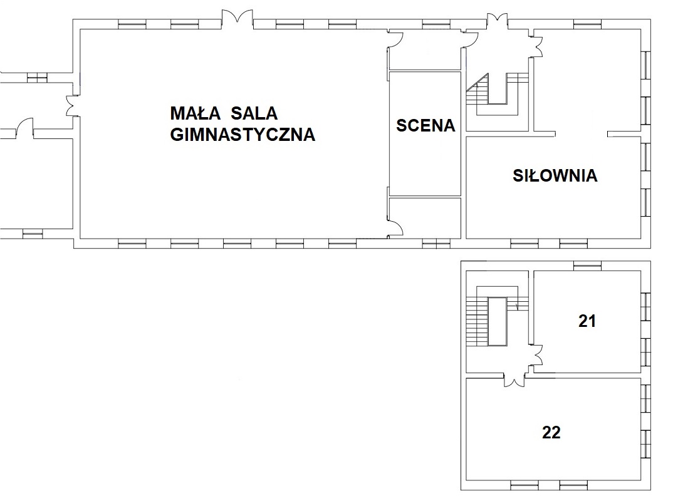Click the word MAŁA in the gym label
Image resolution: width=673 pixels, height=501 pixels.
[196, 113]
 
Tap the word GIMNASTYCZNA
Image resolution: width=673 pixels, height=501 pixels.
[243, 134]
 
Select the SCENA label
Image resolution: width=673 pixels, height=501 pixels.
[425, 126]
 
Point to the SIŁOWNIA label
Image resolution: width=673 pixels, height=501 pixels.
[555, 175]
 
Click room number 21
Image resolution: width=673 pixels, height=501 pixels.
[587, 321]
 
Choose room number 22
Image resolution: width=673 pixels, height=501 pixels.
[551, 432]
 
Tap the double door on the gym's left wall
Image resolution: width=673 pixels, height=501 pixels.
[72, 105]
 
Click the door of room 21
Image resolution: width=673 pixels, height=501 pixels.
[537, 354]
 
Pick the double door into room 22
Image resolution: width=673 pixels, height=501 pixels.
[514, 380]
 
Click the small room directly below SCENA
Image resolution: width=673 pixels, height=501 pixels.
[425, 218]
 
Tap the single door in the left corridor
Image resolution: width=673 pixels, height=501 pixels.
[24, 127]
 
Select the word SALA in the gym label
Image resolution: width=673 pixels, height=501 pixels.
[254, 113]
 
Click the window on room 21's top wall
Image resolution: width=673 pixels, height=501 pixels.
[588, 266]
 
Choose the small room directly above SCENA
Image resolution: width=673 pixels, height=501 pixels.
[425, 49]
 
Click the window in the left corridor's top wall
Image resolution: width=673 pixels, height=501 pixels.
[36, 78]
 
